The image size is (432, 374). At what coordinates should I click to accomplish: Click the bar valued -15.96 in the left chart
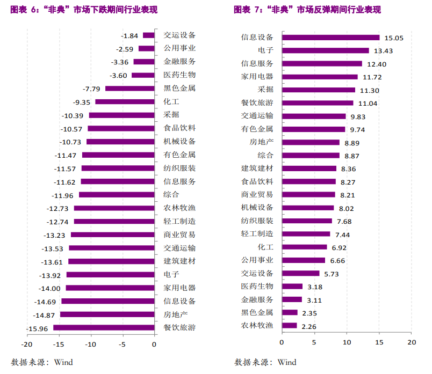[104, 327]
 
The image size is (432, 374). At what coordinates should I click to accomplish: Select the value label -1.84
[130, 35]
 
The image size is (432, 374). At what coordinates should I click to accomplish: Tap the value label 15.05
[393, 38]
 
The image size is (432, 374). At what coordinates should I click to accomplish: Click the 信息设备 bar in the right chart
[330, 38]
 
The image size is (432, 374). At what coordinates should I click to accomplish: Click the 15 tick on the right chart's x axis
[379, 341]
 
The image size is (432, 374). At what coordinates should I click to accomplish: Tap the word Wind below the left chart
[63, 362]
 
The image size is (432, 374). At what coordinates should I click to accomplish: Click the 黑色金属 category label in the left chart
[179, 89]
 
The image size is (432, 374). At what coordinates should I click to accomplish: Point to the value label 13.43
[384, 51]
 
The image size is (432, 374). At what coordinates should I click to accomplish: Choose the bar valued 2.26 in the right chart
[289, 325]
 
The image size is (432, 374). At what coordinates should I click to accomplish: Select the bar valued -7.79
[129, 89]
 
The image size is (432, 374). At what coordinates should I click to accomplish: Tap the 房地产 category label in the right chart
[261, 142]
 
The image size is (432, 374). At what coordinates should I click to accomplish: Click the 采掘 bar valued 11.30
[319, 90]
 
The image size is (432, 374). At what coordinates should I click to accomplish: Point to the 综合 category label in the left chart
[171, 195]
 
